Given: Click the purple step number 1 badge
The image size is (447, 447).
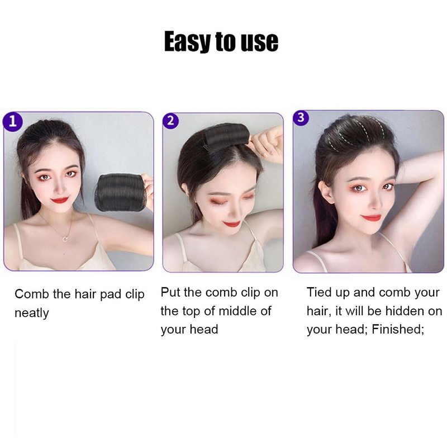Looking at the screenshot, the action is pyautogui.click(x=12, y=122).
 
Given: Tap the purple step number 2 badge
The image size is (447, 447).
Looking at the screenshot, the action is pyautogui.click(x=170, y=121).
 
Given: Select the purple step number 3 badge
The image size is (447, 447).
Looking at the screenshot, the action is pyautogui.click(x=301, y=118).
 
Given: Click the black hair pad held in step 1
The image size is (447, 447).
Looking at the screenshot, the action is pyautogui.click(x=121, y=193).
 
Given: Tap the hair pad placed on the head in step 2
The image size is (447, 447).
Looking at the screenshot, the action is pyautogui.click(x=227, y=137).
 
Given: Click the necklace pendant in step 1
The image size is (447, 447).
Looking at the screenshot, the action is pyautogui.click(x=65, y=239).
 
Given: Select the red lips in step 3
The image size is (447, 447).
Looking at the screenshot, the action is pyautogui.click(x=371, y=218).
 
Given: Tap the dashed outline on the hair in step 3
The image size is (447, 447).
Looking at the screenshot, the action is pyautogui.click(x=354, y=134).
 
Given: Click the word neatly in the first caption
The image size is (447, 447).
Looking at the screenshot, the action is pyautogui.click(x=32, y=313).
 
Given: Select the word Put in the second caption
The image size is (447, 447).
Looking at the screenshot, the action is pyautogui.click(x=170, y=292).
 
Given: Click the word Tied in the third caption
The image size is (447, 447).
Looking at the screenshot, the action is pyautogui.click(x=319, y=292).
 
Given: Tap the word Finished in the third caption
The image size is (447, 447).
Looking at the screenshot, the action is pyautogui.click(x=398, y=329).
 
